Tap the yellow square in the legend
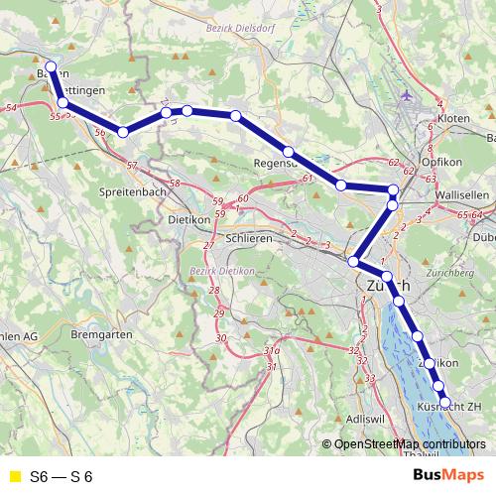click(12, 476)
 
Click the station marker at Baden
click(51, 68)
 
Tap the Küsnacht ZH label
click(447, 407)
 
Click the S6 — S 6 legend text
click(62, 476)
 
